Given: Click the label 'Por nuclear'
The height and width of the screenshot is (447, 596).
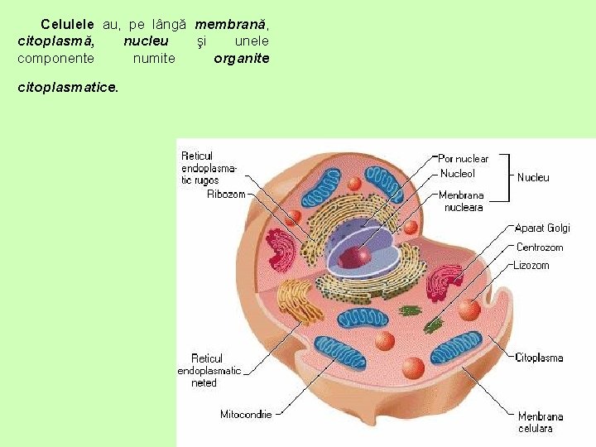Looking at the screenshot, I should (463, 158).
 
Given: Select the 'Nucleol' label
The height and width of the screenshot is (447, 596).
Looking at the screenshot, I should (457, 174).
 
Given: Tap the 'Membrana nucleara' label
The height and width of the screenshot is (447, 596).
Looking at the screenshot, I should (461, 201).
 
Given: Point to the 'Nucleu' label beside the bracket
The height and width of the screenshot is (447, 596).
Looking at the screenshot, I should (533, 177).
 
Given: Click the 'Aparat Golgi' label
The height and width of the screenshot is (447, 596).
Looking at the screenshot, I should (542, 228).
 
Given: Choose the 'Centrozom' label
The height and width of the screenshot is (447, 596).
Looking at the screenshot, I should (539, 247).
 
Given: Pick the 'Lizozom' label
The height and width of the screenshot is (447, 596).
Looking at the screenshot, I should (531, 266).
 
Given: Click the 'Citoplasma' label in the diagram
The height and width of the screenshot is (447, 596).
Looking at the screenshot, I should (539, 358).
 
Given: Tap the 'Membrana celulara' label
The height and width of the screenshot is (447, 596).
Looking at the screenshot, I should (540, 422).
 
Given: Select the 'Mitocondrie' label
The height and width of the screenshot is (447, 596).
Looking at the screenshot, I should (246, 414).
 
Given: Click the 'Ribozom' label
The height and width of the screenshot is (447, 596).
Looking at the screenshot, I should (226, 195).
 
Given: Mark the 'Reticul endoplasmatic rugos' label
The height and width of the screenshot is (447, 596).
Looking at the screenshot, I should (208, 168).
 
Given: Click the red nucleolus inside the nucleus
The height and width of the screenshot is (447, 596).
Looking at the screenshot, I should (354, 256).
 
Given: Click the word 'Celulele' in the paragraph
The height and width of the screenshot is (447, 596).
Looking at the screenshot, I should (67, 26).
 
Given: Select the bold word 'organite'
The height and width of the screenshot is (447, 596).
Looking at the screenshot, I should (242, 59).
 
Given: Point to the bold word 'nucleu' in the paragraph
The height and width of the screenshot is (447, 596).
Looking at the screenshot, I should (146, 41).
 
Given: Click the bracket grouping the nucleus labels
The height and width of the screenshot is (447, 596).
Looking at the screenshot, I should (506, 177).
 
